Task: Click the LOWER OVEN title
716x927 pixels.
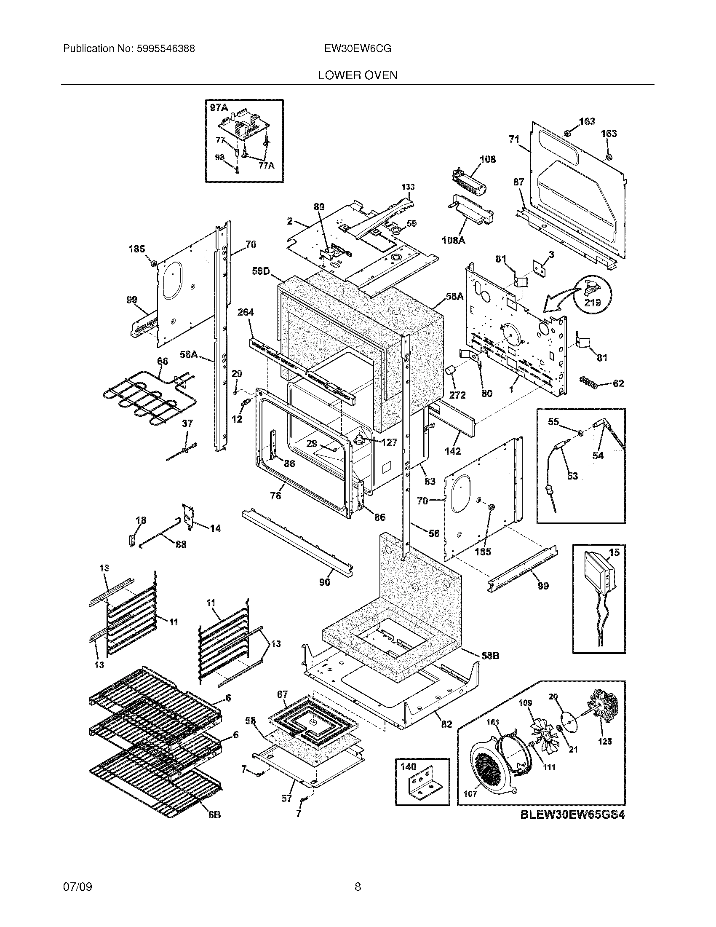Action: [x=358, y=75]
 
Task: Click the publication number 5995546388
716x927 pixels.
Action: [x=166, y=49]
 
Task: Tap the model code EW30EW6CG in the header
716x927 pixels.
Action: [x=358, y=49]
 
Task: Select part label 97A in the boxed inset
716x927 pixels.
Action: [x=219, y=108]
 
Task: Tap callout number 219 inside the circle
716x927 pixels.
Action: [x=593, y=303]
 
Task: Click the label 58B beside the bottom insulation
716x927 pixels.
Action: [x=490, y=656]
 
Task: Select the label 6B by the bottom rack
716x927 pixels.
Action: [x=215, y=815]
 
